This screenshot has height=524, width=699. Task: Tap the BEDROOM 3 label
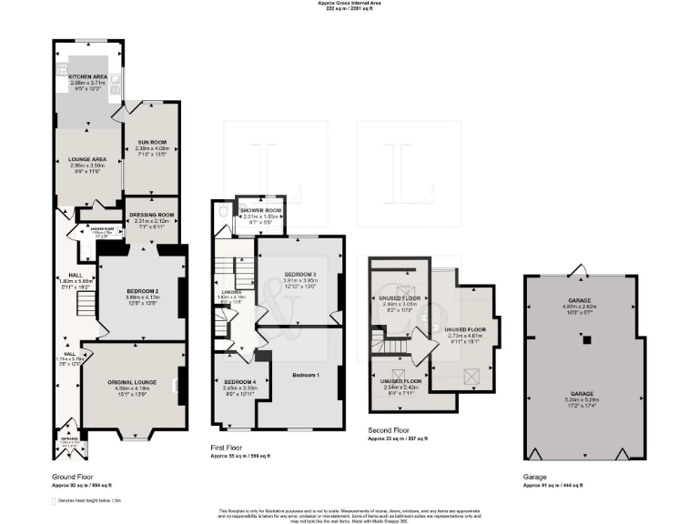click(x=300, y=274)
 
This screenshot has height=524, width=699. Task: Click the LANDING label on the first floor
click(x=229, y=292)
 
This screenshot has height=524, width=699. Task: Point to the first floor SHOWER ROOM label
click(x=261, y=211)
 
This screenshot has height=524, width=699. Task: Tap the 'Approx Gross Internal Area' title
click(x=349, y=4)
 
